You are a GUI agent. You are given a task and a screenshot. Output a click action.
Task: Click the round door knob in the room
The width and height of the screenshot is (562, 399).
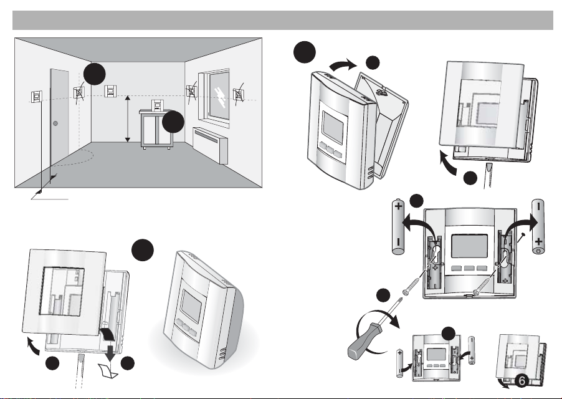coord(55,123)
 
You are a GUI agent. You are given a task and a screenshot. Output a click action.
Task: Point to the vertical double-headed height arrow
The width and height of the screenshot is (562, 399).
coord(128,118)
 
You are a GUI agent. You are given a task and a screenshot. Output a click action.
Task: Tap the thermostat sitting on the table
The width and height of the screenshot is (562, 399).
coord(156,105)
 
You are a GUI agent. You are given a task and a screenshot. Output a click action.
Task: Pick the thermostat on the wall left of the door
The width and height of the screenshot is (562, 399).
coord(36,97)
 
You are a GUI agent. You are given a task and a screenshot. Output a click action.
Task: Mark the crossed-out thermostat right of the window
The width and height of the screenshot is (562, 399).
coord(239,94)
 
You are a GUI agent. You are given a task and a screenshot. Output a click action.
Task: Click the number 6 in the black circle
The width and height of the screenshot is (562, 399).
coord(522,381)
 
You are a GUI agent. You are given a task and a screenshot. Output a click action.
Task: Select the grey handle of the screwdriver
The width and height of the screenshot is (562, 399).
coord(363,340)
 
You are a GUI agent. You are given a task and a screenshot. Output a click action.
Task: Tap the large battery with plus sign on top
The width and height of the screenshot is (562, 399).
coord(398,226)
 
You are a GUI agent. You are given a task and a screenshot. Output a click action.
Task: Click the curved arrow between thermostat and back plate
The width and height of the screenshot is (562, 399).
coord(343,65)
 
